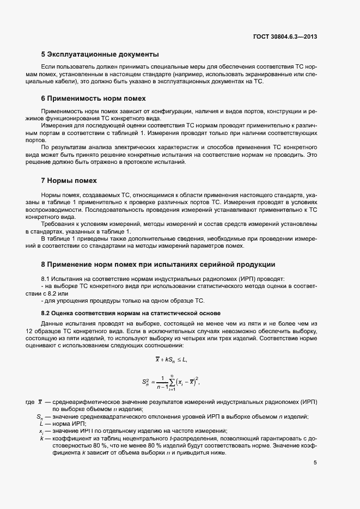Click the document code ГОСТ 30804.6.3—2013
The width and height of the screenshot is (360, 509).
point(285,37)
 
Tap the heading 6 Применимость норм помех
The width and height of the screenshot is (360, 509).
point(94,99)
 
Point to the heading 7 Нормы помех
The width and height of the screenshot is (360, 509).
point(69,180)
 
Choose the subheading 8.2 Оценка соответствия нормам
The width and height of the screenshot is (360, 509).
point(131,313)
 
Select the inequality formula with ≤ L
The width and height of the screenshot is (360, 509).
point(172,360)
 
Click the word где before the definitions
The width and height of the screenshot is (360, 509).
point(30,402)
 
